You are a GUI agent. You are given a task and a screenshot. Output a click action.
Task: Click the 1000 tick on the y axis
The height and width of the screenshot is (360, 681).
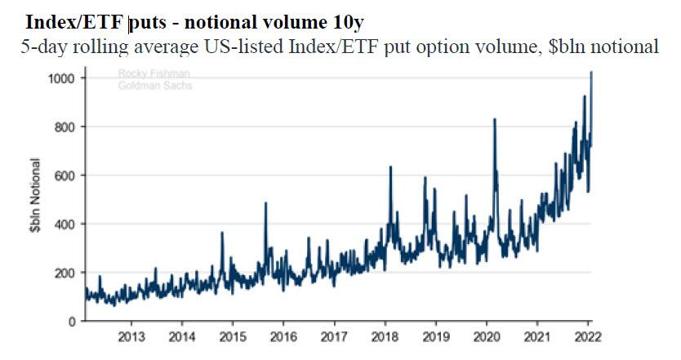(62, 78)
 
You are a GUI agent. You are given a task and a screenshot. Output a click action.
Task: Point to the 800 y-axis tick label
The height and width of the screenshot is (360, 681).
(65, 127)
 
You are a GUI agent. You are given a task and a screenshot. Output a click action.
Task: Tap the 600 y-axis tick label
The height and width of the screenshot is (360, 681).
(65, 176)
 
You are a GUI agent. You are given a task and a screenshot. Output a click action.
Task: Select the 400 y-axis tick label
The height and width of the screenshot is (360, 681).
(65, 224)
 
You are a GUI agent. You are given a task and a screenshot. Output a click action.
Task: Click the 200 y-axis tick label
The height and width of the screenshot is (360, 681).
(65, 273)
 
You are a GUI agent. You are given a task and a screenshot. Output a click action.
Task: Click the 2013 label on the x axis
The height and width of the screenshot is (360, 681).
(131, 336)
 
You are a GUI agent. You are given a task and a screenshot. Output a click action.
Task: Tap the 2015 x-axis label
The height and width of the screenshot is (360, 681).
(233, 336)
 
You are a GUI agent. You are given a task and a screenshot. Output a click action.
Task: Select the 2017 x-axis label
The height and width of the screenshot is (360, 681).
(334, 336)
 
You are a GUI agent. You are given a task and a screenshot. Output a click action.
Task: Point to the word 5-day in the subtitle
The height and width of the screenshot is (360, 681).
(42, 46)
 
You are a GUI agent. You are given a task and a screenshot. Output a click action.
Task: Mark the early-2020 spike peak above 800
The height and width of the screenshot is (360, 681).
(495, 119)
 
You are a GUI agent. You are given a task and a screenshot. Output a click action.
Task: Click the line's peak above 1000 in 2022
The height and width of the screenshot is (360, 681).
(591, 73)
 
